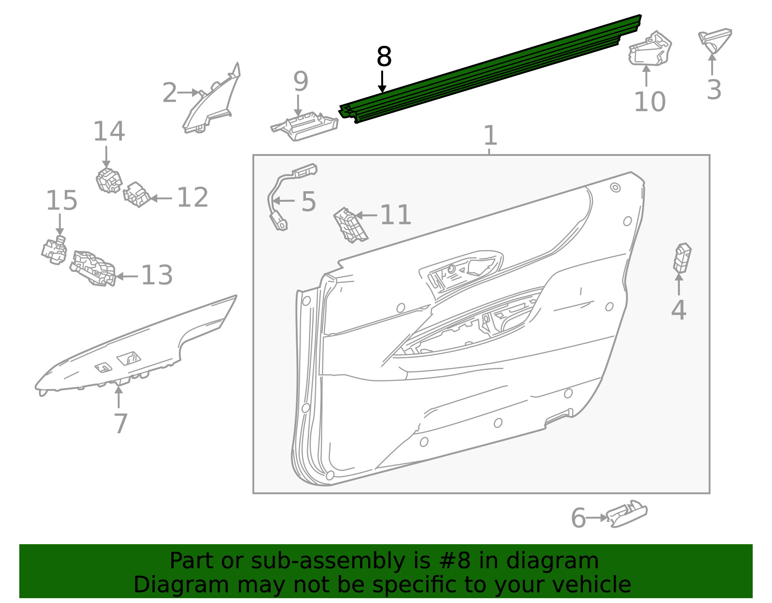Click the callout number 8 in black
[x=384, y=57]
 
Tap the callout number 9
[x=300, y=81]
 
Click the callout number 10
[x=649, y=101]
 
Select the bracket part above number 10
[x=650, y=49]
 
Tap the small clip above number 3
[x=715, y=40]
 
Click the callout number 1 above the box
[x=490, y=135]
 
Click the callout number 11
[x=396, y=215]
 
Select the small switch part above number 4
[x=682, y=258]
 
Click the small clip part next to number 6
[x=626, y=514]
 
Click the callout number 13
[x=157, y=275]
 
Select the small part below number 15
[x=54, y=250]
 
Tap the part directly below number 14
[x=109, y=181]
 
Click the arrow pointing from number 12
[x=161, y=198]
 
